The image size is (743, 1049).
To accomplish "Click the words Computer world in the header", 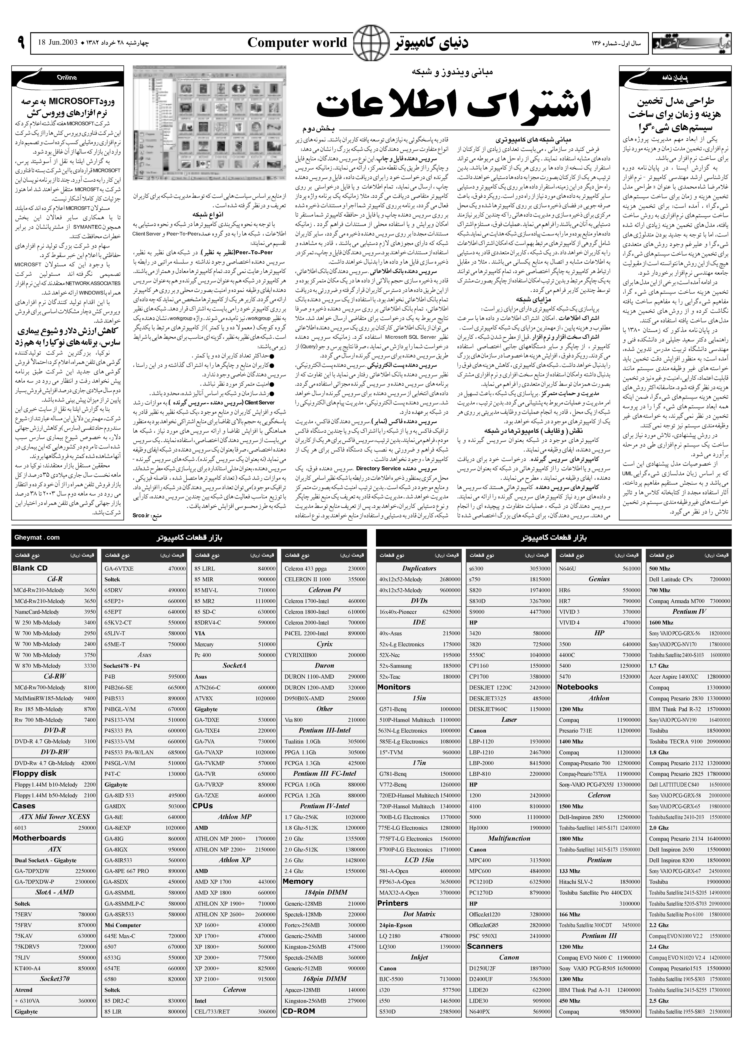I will click(x=297, y=44).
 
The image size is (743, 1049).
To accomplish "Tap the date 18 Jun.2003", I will click(x=58, y=43).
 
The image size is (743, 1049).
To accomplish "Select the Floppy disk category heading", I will click(x=35, y=773).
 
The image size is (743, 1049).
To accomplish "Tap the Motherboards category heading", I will click(x=39, y=838).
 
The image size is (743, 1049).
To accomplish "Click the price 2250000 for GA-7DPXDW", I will click(x=83, y=871).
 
